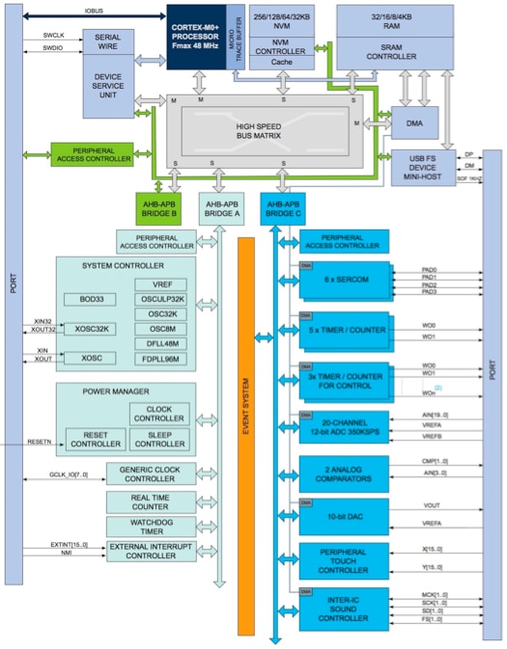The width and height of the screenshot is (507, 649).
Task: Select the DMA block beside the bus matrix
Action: point(413,122)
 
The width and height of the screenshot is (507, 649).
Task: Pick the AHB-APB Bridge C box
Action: point(281,208)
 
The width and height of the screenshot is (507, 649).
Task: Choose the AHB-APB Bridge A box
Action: point(219,208)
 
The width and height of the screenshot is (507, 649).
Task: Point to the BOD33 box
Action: point(88,300)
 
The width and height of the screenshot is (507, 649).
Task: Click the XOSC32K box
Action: point(88,329)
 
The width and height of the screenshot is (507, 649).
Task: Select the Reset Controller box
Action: point(94,439)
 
